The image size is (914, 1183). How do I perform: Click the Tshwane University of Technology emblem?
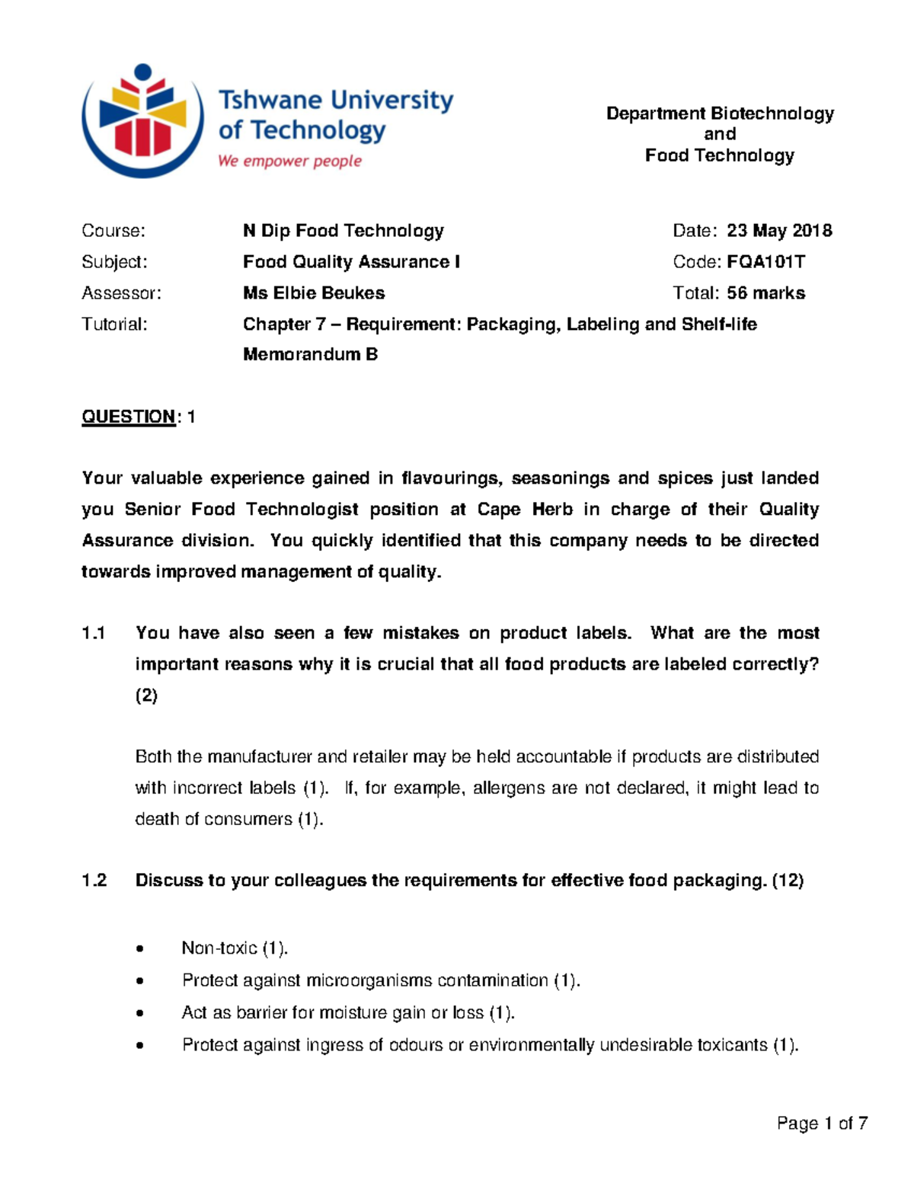click(142, 120)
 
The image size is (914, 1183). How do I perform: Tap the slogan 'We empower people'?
click(289, 161)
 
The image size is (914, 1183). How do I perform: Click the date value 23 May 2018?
click(778, 231)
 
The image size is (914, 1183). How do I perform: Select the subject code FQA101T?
click(765, 262)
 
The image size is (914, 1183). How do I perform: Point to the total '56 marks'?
click(765, 293)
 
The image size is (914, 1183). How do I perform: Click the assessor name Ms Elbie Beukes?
click(314, 293)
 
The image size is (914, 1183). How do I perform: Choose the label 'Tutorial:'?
click(114, 325)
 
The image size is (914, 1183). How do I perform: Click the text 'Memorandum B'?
click(310, 354)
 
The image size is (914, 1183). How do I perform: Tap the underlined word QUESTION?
click(129, 417)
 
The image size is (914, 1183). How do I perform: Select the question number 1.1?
click(93, 633)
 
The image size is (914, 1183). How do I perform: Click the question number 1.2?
click(93, 881)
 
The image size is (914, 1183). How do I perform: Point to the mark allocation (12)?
click(788, 881)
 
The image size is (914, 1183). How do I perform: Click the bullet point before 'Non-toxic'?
click(139, 949)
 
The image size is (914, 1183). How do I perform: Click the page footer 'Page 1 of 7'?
click(822, 1124)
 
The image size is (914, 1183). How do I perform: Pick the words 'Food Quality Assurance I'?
click(351, 262)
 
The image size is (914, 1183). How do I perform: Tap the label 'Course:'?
click(113, 231)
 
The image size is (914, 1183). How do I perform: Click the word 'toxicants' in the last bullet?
click(732, 1045)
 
